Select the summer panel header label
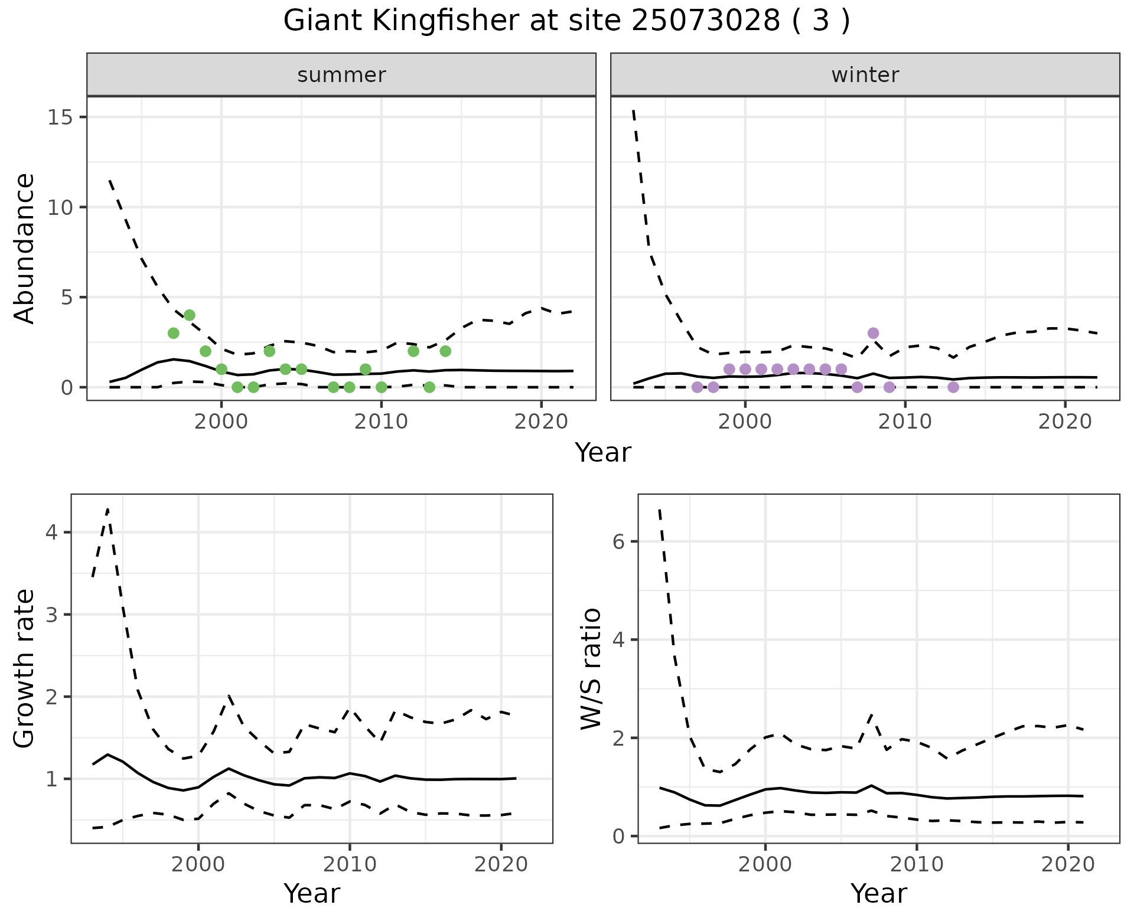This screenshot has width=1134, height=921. coord(341,75)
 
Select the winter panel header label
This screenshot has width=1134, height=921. coord(865,75)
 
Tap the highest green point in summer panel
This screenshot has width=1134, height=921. coord(190,315)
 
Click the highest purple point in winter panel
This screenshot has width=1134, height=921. coord(873,333)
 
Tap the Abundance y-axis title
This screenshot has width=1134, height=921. coord(24,248)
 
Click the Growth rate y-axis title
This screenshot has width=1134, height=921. coord(24,668)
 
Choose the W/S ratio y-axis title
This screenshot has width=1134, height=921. coord(591,668)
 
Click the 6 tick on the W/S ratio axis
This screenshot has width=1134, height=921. coord(619,541)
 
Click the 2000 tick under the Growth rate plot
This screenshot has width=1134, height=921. coord(198,864)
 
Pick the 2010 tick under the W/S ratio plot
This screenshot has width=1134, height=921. coord(916,864)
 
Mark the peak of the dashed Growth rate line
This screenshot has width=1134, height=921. coord(107,508)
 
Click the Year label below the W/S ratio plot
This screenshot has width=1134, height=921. coord(879,894)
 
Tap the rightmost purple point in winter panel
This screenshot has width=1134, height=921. coord(953,387)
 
